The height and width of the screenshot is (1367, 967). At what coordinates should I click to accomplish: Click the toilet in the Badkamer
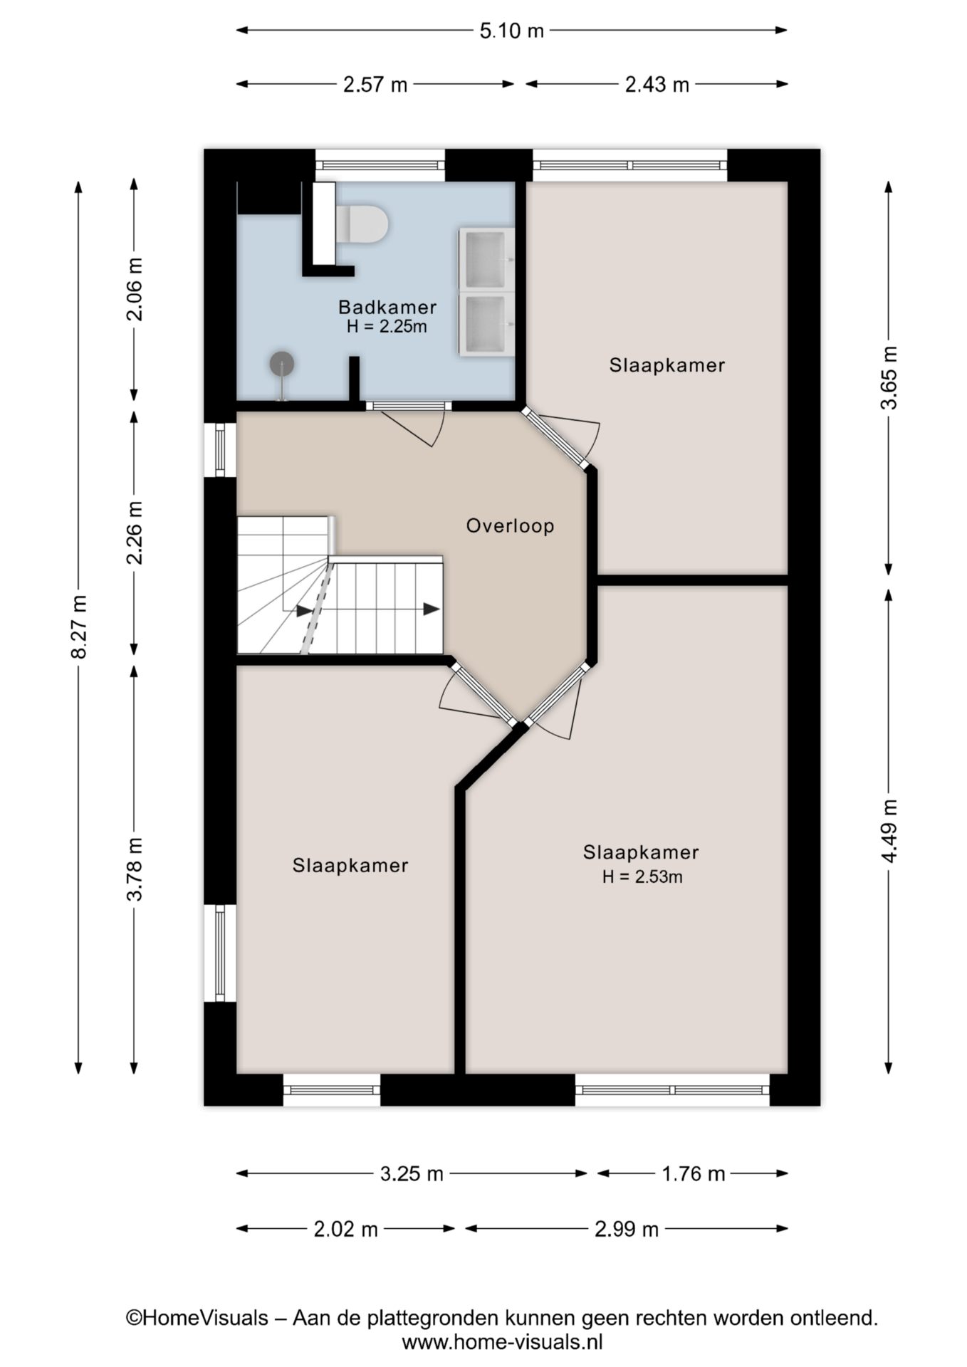pyautogui.click(x=362, y=224)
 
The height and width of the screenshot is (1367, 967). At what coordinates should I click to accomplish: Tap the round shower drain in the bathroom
pyautogui.click(x=282, y=364)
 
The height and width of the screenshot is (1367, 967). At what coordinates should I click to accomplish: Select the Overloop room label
pyautogui.click(x=510, y=526)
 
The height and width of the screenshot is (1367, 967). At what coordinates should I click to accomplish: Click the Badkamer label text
pyautogui.click(x=387, y=307)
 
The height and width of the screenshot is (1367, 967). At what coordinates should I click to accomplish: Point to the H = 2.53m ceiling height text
pyautogui.click(x=642, y=876)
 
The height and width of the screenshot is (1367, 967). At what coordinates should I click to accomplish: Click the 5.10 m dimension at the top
pyautogui.click(x=511, y=31)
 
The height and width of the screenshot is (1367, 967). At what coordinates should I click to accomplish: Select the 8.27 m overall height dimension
pyautogui.click(x=79, y=627)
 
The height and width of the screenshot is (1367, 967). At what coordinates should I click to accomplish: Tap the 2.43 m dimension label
pyautogui.click(x=657, y=85)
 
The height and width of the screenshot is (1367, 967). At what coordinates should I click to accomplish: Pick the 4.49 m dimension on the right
pyautogui.click(x=889, y=830)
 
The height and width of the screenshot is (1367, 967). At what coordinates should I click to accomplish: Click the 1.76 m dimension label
pyautogui.click(x=694, y=1173)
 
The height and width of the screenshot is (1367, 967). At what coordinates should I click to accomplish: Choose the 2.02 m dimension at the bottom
pyautogui.click(x=345, y=1229)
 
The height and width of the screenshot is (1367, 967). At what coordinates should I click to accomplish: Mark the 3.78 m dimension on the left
pyautogui.click(x=135, y=869)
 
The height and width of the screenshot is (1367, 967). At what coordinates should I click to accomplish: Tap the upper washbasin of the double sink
pyautogui.click(x=486, y=259)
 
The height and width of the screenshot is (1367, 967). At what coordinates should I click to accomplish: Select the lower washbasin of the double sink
pyautogui.click(x=486, y=324)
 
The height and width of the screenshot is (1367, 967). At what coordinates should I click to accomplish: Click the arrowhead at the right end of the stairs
pyautogui.click(x=432, y=609)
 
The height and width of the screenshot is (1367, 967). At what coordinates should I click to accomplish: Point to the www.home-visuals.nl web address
pyautogui.click(x=503, y=1343)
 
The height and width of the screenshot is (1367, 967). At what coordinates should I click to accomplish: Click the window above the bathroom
pyautogui.click(x=380, y=165)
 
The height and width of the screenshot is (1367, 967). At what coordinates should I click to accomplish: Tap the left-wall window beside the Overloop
pyautogui.click(x=220, y=449)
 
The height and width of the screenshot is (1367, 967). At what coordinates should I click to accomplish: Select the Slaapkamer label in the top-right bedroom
pyautogui.click(x=667, y=365)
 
